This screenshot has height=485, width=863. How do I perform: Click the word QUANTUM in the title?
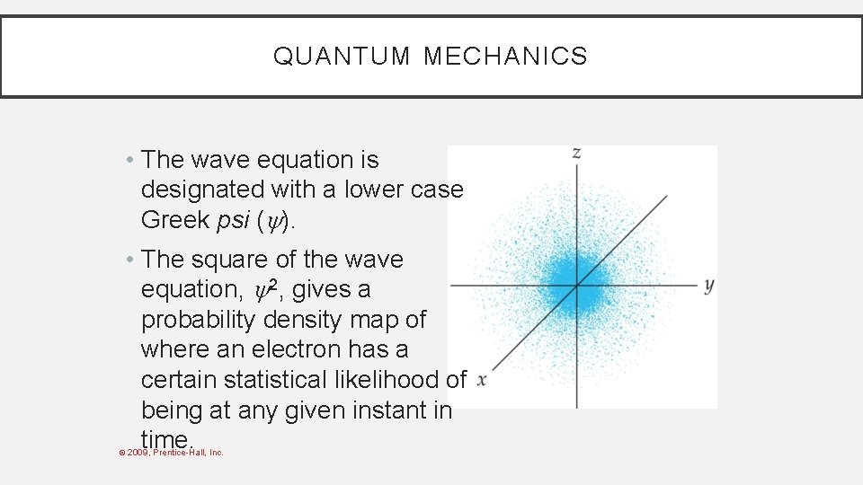tap(341, 57)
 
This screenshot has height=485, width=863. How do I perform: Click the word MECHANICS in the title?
tap(505, 57)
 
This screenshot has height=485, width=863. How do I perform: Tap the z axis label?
tap(576, 153)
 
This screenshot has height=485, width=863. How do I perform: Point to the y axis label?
tap(708, 286)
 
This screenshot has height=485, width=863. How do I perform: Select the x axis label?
tap(482, 380)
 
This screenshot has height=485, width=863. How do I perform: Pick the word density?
tap(323, 320)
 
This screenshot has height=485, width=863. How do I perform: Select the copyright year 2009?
tap(138, 452)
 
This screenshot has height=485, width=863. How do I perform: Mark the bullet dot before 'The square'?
tap(130, 260)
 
